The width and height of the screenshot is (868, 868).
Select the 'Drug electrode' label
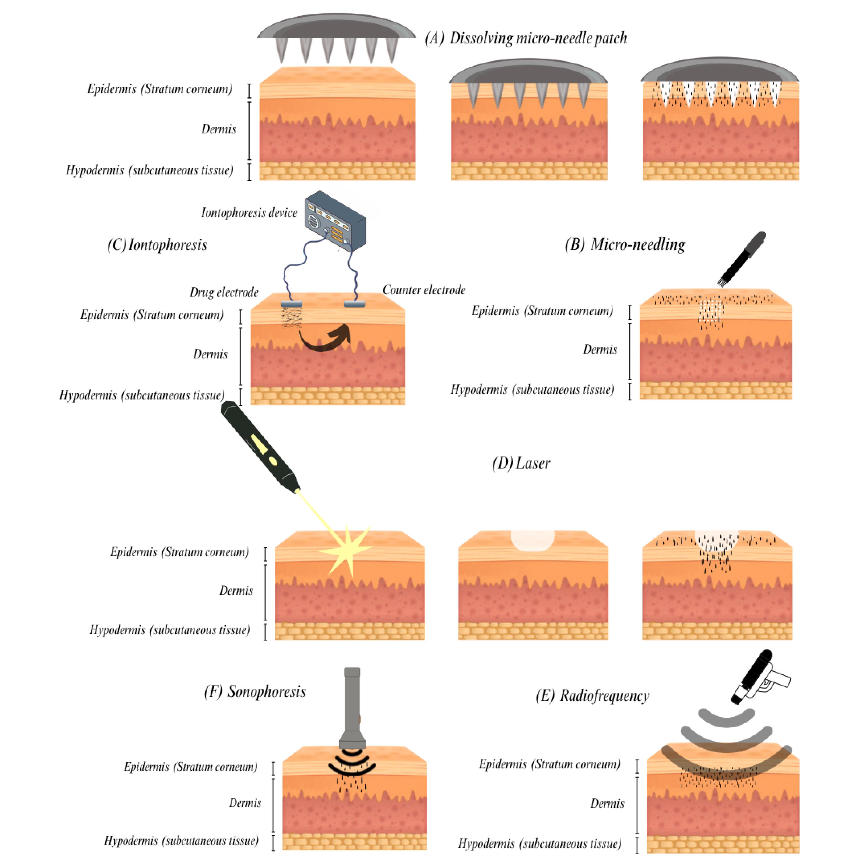[224, 292]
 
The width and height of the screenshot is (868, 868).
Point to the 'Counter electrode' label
[424, 290]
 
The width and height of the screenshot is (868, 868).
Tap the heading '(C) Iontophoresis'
[157, 245]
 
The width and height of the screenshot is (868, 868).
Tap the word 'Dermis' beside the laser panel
[236, 590]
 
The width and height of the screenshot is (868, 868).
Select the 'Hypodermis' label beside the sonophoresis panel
[181, 840]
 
